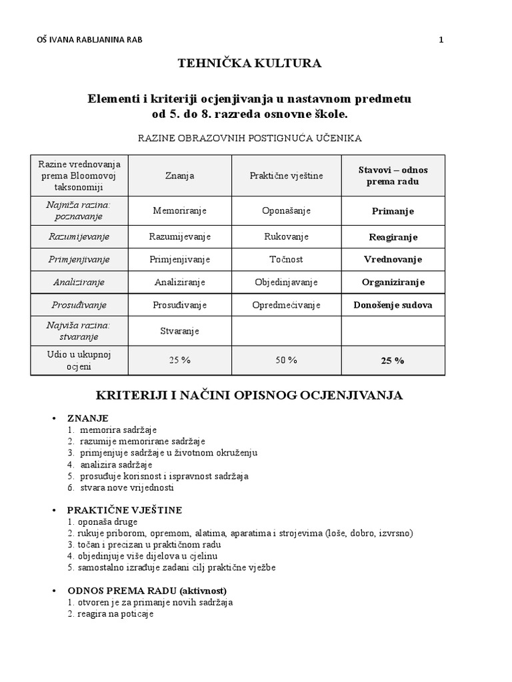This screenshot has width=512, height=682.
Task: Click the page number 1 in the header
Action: tap(441, 40)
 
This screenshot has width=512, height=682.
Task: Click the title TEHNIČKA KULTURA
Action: tap(249, 64)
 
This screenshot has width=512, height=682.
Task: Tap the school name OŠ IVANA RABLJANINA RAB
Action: tap(89, 40)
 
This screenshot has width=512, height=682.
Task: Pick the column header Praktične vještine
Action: tap(287, 175)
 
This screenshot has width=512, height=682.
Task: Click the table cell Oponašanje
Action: tap(287, 210)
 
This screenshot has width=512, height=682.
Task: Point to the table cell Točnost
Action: tap(287, 259)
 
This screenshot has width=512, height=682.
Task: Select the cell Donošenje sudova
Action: tap(393, 305)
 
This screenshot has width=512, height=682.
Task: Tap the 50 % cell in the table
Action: tap(287, 360)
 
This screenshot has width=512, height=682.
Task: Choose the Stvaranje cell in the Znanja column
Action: tap(179, 330)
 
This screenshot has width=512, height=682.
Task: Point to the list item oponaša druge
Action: tap(97, 521)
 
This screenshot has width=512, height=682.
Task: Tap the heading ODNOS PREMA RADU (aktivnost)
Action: tap(147, 591)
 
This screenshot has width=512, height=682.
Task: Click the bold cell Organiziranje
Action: tap(393, 282)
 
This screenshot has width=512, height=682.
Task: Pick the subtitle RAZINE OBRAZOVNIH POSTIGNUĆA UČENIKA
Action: tap(250, 138)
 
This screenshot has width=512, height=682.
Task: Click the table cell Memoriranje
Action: tap(179, 210)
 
